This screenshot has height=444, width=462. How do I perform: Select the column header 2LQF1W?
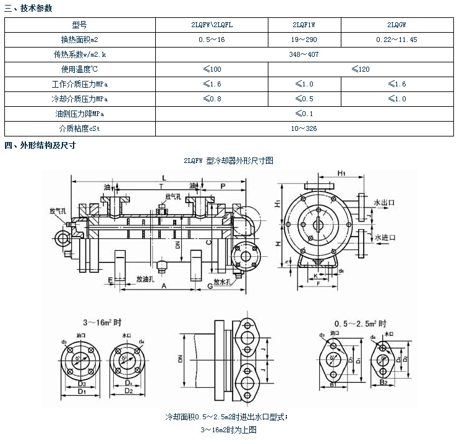coord(304,25)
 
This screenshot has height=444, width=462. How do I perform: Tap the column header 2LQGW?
coord(396,25)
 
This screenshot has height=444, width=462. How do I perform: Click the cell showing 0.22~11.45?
coord(396,40)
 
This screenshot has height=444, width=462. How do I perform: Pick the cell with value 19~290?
coord(304,40)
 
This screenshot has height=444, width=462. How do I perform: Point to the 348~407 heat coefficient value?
coord(304,54)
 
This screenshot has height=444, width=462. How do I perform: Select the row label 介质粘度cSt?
coord(80,128)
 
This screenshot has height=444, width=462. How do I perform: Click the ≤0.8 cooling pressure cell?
coord(212,99)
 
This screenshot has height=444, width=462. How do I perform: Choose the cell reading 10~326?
coord(304,128)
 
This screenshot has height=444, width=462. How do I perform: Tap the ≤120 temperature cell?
coord(360,69)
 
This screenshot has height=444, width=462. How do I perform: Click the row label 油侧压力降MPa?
coord(80,114)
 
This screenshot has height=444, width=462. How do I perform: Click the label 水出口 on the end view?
coord(384,202)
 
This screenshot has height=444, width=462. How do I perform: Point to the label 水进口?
coord(384,237)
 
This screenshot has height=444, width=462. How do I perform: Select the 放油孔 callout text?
coord(146,279)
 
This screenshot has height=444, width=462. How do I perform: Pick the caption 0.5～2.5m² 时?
coord(360,323)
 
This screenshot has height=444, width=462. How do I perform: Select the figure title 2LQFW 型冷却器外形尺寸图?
coord(228,160)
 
